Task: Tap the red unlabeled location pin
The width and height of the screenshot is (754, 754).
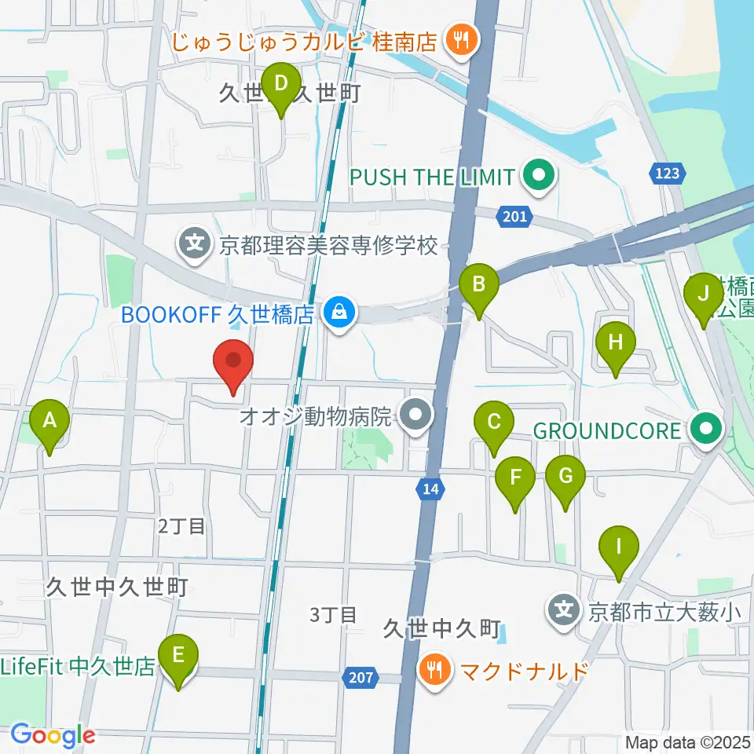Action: coord(233,364)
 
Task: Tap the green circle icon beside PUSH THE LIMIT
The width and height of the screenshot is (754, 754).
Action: coord(539,177)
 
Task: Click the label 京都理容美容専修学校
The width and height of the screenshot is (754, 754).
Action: coord(328,246)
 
